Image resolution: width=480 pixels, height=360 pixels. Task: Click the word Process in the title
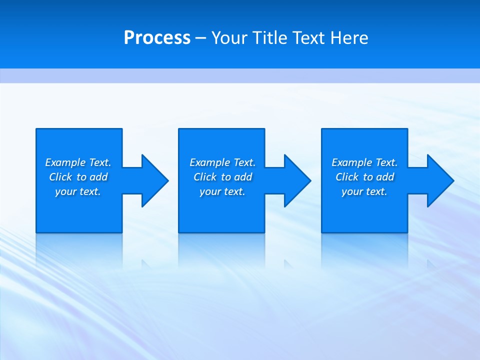coord(157,38)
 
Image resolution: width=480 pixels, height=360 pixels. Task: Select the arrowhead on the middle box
coord(297,180)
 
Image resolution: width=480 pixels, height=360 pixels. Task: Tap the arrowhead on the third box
coord(440,180)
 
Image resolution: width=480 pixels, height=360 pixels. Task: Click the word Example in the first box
coord(65,162)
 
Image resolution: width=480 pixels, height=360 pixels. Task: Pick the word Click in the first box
coord(60,177)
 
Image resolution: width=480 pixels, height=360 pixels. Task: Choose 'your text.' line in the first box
coord(78,191)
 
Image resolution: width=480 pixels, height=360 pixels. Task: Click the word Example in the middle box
coord(210,162)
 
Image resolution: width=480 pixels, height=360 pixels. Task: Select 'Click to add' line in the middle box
coord(222,177)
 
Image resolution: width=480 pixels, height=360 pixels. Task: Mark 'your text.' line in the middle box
coord(222,191)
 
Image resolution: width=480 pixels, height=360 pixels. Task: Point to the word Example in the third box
coord(352,162)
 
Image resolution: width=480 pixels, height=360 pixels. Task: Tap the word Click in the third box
coord(347,177)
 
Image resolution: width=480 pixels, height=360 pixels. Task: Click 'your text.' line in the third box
coord(364,191)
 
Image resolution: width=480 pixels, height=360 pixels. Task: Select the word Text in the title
coord(306,38)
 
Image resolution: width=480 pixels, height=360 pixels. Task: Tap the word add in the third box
coord(385,177)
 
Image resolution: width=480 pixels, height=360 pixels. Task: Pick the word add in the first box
coord(99,177)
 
